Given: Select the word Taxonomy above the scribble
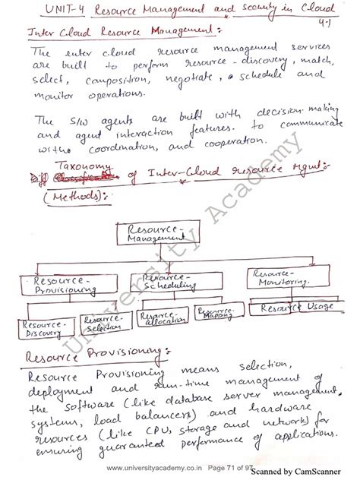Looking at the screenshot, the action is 84,168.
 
